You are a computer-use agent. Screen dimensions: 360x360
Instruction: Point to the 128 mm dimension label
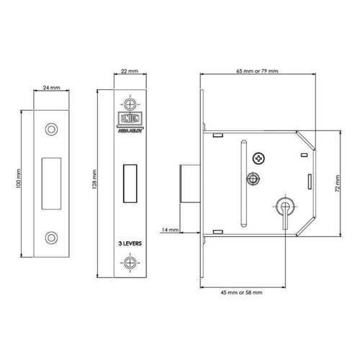click(x=95, y=180)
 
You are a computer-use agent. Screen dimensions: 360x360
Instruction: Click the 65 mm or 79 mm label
click(x=257, y=70)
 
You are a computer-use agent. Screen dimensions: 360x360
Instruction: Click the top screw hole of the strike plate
click(x=50, y=127)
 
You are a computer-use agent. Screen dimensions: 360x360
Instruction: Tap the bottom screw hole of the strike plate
click(x=50, y=237)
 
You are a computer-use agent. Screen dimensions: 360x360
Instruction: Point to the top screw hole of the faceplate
click(x=130, y=100)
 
